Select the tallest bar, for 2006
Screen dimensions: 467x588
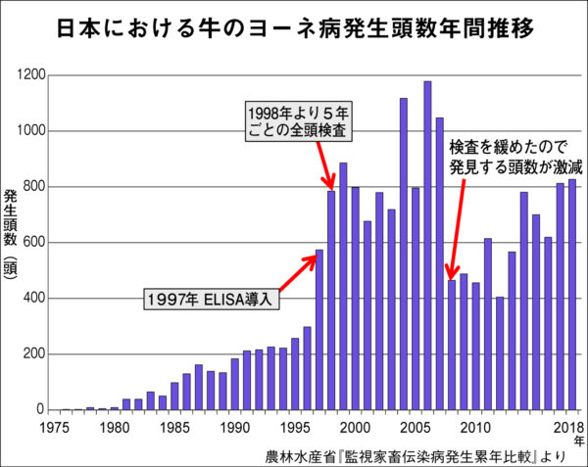coord(427,245)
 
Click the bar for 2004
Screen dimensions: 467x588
coord(404,254)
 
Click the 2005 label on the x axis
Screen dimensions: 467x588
coord(415,427)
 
